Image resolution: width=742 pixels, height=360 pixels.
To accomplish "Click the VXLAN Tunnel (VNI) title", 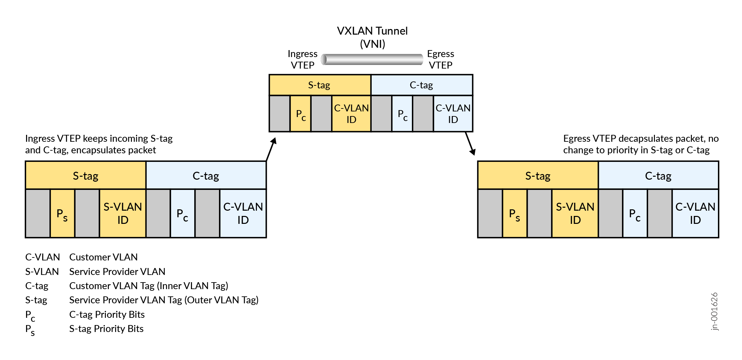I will (372, 37).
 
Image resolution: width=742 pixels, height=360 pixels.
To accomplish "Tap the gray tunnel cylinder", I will (372, 59).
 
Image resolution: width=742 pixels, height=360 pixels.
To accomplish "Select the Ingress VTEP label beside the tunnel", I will (302, 59).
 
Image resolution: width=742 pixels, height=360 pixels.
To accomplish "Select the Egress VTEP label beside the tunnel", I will (441, 59).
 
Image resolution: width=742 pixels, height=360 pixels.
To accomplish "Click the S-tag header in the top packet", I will (320, 85).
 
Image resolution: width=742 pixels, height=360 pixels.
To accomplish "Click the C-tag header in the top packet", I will (421, 85).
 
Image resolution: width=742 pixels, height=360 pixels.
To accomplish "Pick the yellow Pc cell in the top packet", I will (300, 114).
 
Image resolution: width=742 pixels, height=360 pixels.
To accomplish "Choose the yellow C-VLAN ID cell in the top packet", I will (351, 114).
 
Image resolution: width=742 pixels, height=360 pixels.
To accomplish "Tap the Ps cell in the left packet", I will (62, 214).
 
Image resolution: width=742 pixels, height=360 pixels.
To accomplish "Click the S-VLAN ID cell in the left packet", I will (123, 213).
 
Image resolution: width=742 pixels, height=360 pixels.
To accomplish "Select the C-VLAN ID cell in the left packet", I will (243, 213).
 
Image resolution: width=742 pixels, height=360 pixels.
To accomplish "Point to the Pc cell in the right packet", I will (635, 214).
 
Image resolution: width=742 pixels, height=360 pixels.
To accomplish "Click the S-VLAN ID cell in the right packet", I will (575, 213).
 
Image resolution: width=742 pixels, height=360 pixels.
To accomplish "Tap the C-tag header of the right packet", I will (658, 176).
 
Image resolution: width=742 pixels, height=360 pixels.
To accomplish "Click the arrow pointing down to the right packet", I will (470, 144).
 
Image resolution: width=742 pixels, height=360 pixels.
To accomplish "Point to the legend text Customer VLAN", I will (103, 257).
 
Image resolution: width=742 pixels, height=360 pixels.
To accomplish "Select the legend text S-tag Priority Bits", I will (106, 329).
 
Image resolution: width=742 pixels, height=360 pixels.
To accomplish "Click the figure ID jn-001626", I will (714, 311).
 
